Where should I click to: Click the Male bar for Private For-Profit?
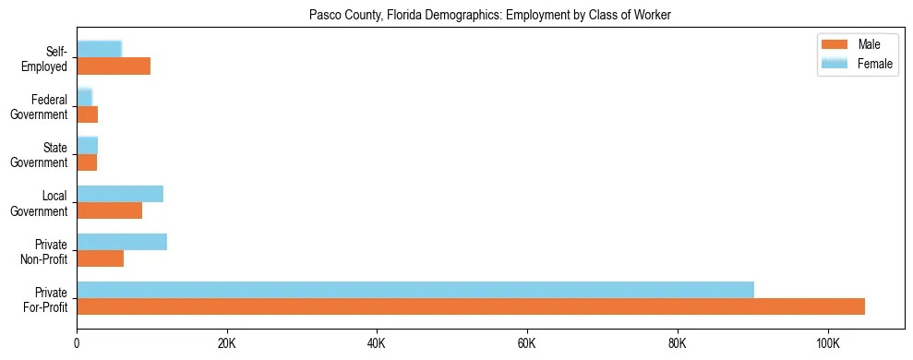tap(471, 306)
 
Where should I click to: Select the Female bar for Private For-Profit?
tap(415, 290)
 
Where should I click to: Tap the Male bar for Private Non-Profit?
tap(100, 258)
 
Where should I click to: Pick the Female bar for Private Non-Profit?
tap(122, 242)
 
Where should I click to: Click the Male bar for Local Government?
tap(109, 210)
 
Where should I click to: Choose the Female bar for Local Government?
tap(120, 194)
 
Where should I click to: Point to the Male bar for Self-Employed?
tap(114, 66)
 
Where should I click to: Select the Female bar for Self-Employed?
tap(99, 50)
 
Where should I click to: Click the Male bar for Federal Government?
tap(87, 114)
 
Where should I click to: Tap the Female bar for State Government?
tap(87, 146)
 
